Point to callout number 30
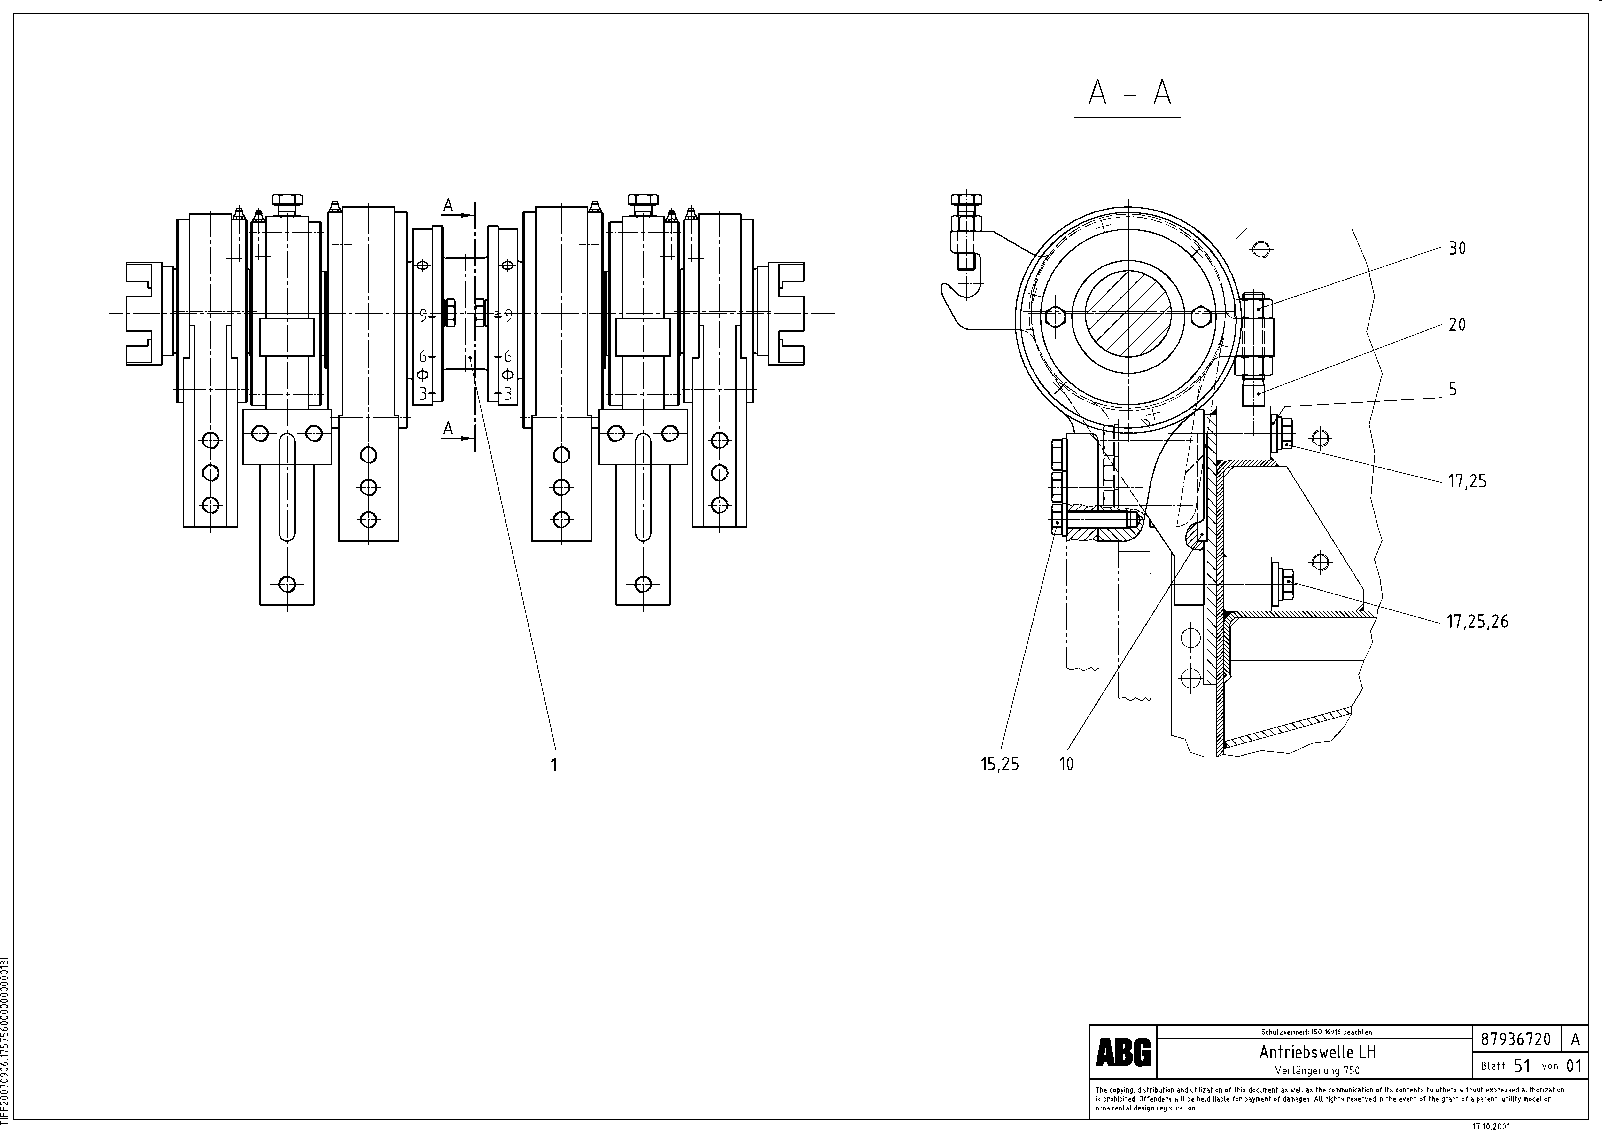coord(1457,248)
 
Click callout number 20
coord(1457,324)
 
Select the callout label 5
coord(1453,389)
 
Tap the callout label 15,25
coord(1000,765)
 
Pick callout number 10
coord(1066,765)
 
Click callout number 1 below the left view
coord(554,765)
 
